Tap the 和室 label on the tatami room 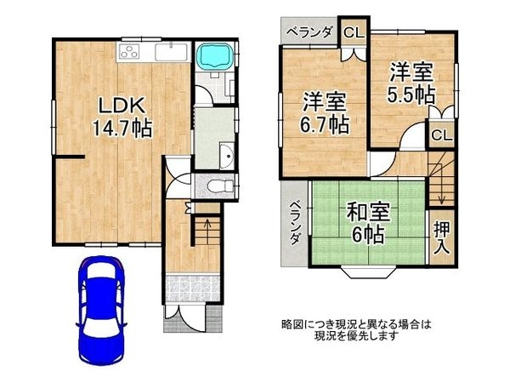[367, 209]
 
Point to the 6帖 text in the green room [367, 232]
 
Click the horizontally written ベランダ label [310, 31]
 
